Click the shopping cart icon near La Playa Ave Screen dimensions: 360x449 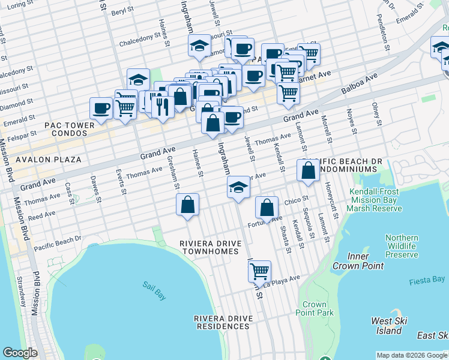coord(259,271)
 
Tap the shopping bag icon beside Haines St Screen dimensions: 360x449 coord(188,205)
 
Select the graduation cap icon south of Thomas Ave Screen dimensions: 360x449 coord(238,187)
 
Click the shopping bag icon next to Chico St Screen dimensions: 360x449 coord(267,208)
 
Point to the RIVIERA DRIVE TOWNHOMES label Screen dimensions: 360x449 coord(210,247)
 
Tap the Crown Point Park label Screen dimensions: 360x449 coord(314,308)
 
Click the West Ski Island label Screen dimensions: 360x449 coord(390,326)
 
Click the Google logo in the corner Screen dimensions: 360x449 coord(20,352)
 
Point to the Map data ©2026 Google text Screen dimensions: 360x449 coord(412,355)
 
